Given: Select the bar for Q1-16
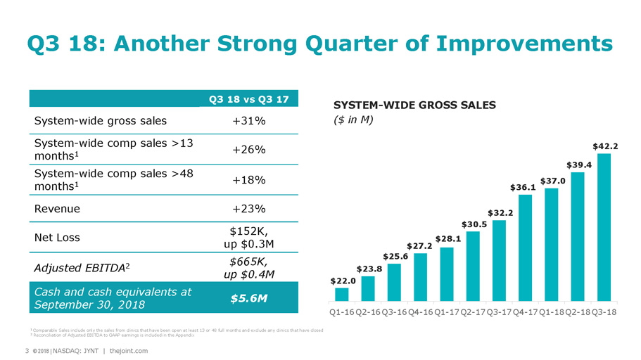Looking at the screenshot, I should pyautogui.click(x=341, y=294).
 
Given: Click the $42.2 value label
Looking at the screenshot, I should pyautogui.click(x=605, y=146).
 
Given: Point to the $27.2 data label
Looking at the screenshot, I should pyautogui.click(x=420, y=245).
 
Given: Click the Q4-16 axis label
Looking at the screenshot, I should pyautogui.click(x=421, y=311).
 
